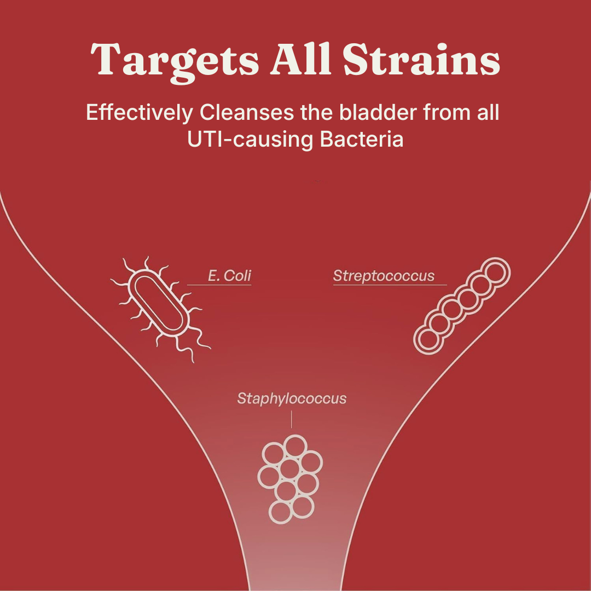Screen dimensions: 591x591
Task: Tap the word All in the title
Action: pyautogui.click(x=301, y=59)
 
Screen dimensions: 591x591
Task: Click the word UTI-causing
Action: pyautogui.click(x=250, y=140)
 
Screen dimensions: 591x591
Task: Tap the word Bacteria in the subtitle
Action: pyautogui.click(x=362, y=139)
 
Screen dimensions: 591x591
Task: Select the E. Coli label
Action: pyautogui.click(x=229, y=275)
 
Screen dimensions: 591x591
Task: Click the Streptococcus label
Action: pyautogui.click(x=384, y=276)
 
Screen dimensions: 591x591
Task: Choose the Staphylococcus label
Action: pyautogui.click(x=292, y=399)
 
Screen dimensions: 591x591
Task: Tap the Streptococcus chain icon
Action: pyautogui.click(x=462, y=306)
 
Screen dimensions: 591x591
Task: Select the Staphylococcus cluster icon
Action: pyautogui.click(x=290, y=479)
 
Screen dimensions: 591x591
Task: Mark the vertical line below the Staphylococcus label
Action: pyautogui.click(x=291, y=419)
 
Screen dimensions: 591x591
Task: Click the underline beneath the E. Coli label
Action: pyautogui.click(x=219, y=285)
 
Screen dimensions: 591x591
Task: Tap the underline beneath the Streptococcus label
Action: pyautogui.click(x=390, y=285)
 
